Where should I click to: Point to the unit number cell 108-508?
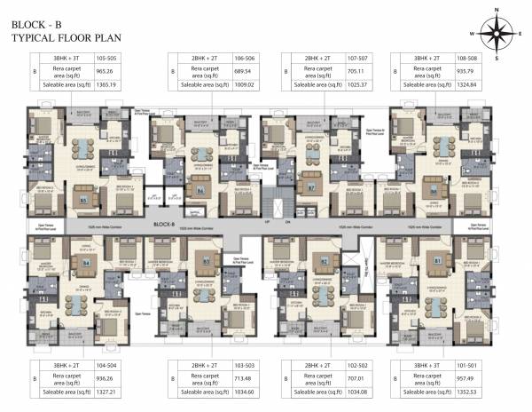point(465,57)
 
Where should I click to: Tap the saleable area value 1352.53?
point(465,391)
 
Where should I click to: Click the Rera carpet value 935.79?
point(465,70)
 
